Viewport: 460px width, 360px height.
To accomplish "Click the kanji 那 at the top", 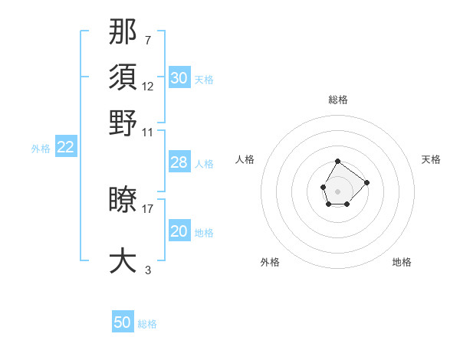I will click(123, 32).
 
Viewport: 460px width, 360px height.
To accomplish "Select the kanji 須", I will click(123, 77).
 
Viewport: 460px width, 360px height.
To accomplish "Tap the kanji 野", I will click(123, 122).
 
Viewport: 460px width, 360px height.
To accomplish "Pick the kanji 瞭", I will click(123, 200).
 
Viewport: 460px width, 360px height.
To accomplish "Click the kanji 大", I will click(123, 260).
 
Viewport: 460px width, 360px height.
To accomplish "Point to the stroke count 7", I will click(147, 40).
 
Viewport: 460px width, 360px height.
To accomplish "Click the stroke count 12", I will click(148, 86).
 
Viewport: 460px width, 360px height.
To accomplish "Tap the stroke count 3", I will click(147, 270).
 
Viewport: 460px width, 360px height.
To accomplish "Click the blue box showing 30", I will click(179, 77).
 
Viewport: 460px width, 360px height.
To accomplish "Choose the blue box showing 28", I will click(179, 162).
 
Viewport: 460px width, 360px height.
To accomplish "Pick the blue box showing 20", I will click(179, 231).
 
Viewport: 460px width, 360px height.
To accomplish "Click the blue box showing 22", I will click(65, 148).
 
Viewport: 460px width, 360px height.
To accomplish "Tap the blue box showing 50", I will click(123, 322).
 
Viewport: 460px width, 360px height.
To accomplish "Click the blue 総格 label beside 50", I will click(147, 324).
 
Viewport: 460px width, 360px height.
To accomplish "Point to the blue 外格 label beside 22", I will click(40, 149).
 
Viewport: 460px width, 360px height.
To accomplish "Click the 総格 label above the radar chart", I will click(338, 100).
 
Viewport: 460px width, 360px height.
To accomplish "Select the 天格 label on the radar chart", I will click(431, 159).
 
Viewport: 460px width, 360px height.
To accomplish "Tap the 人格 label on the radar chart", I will click(245, 159).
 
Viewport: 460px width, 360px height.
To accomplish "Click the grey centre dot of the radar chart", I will click(337, 190).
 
